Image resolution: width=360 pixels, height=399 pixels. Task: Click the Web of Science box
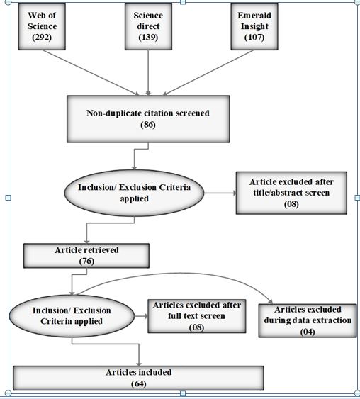tap(42, 26)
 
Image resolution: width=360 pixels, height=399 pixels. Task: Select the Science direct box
tap(148, 26)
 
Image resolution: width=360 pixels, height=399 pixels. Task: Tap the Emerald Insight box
tap(254, 26)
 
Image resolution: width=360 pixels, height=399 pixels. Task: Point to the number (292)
tap(42, 37)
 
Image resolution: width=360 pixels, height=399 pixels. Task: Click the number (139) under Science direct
tap(148, 37)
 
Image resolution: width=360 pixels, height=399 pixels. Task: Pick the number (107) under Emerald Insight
tap(254, 37)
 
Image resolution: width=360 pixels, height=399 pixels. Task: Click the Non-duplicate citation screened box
tap(148, 119)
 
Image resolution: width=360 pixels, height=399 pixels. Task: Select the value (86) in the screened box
tap(148, 125)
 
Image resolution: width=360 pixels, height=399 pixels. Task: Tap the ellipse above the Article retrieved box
tap(134, 193)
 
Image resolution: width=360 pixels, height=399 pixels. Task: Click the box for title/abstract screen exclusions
tap(291, 193)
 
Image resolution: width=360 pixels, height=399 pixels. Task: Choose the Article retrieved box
tap(86, 255)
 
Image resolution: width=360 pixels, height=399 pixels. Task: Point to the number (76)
tap(86, 262)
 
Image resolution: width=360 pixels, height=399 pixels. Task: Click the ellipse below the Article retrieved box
tap(72, 316)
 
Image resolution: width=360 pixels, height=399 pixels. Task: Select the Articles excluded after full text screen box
tap(197, 316)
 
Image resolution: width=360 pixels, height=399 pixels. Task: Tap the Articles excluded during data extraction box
tap(308, 320)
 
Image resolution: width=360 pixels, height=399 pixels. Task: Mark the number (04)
tap(308, 332)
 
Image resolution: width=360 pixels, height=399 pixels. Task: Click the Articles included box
tap(139, 378)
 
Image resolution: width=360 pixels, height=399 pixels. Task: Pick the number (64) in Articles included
tap(139, 383)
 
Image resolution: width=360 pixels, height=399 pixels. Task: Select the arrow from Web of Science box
tap(91, 73)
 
